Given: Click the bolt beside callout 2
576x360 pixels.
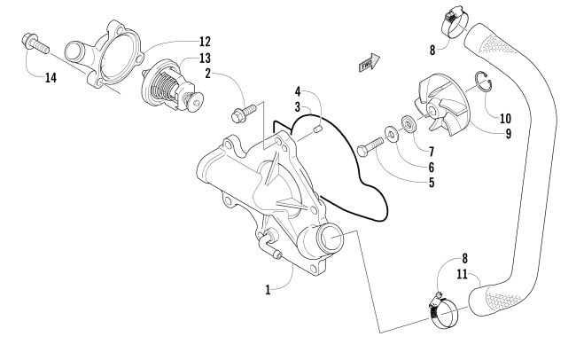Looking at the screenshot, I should (242, 113).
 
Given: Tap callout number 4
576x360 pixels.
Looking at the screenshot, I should (298, 90).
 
